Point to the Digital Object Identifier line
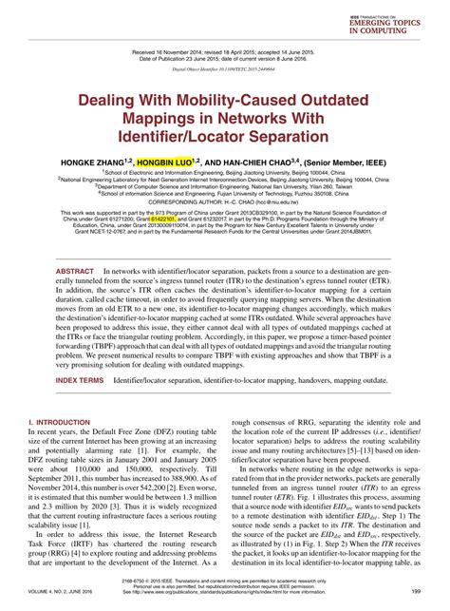tap(224, 68)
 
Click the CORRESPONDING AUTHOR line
tap(225, 200)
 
